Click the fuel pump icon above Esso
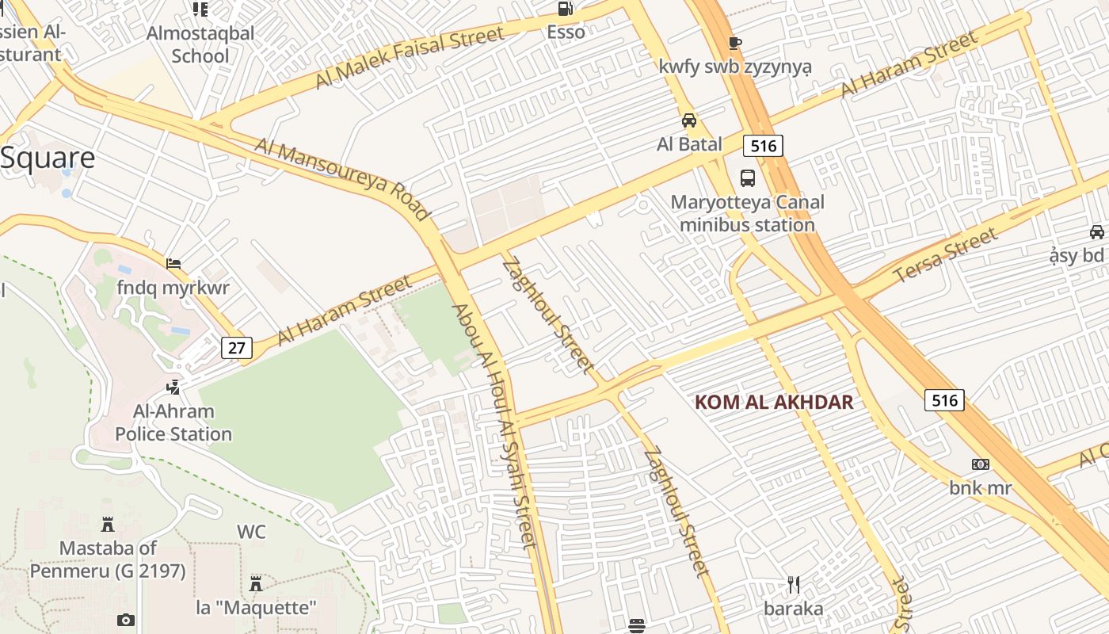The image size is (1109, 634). [565, 9]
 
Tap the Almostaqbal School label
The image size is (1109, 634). [201, 44]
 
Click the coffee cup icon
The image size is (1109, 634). [734, 43]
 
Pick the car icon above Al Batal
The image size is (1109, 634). [689, 120]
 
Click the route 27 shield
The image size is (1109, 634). [237, 347]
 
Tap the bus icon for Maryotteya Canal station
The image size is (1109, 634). [747, 178]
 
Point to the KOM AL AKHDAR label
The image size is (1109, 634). [774, 402]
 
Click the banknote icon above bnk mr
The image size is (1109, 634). [981, 464]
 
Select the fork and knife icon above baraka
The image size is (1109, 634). [794, 585]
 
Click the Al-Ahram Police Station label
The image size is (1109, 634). [173, 422]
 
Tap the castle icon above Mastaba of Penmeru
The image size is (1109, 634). [108, 524]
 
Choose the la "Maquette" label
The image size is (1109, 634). [257, 608]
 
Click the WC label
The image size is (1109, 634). [251, 532]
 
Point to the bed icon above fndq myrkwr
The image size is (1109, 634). [173, 264]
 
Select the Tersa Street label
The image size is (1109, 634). [946, 255]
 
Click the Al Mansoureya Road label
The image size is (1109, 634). [342, 179]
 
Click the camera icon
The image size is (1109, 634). [125, 621]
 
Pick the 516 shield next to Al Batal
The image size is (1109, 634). [763, 145]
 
